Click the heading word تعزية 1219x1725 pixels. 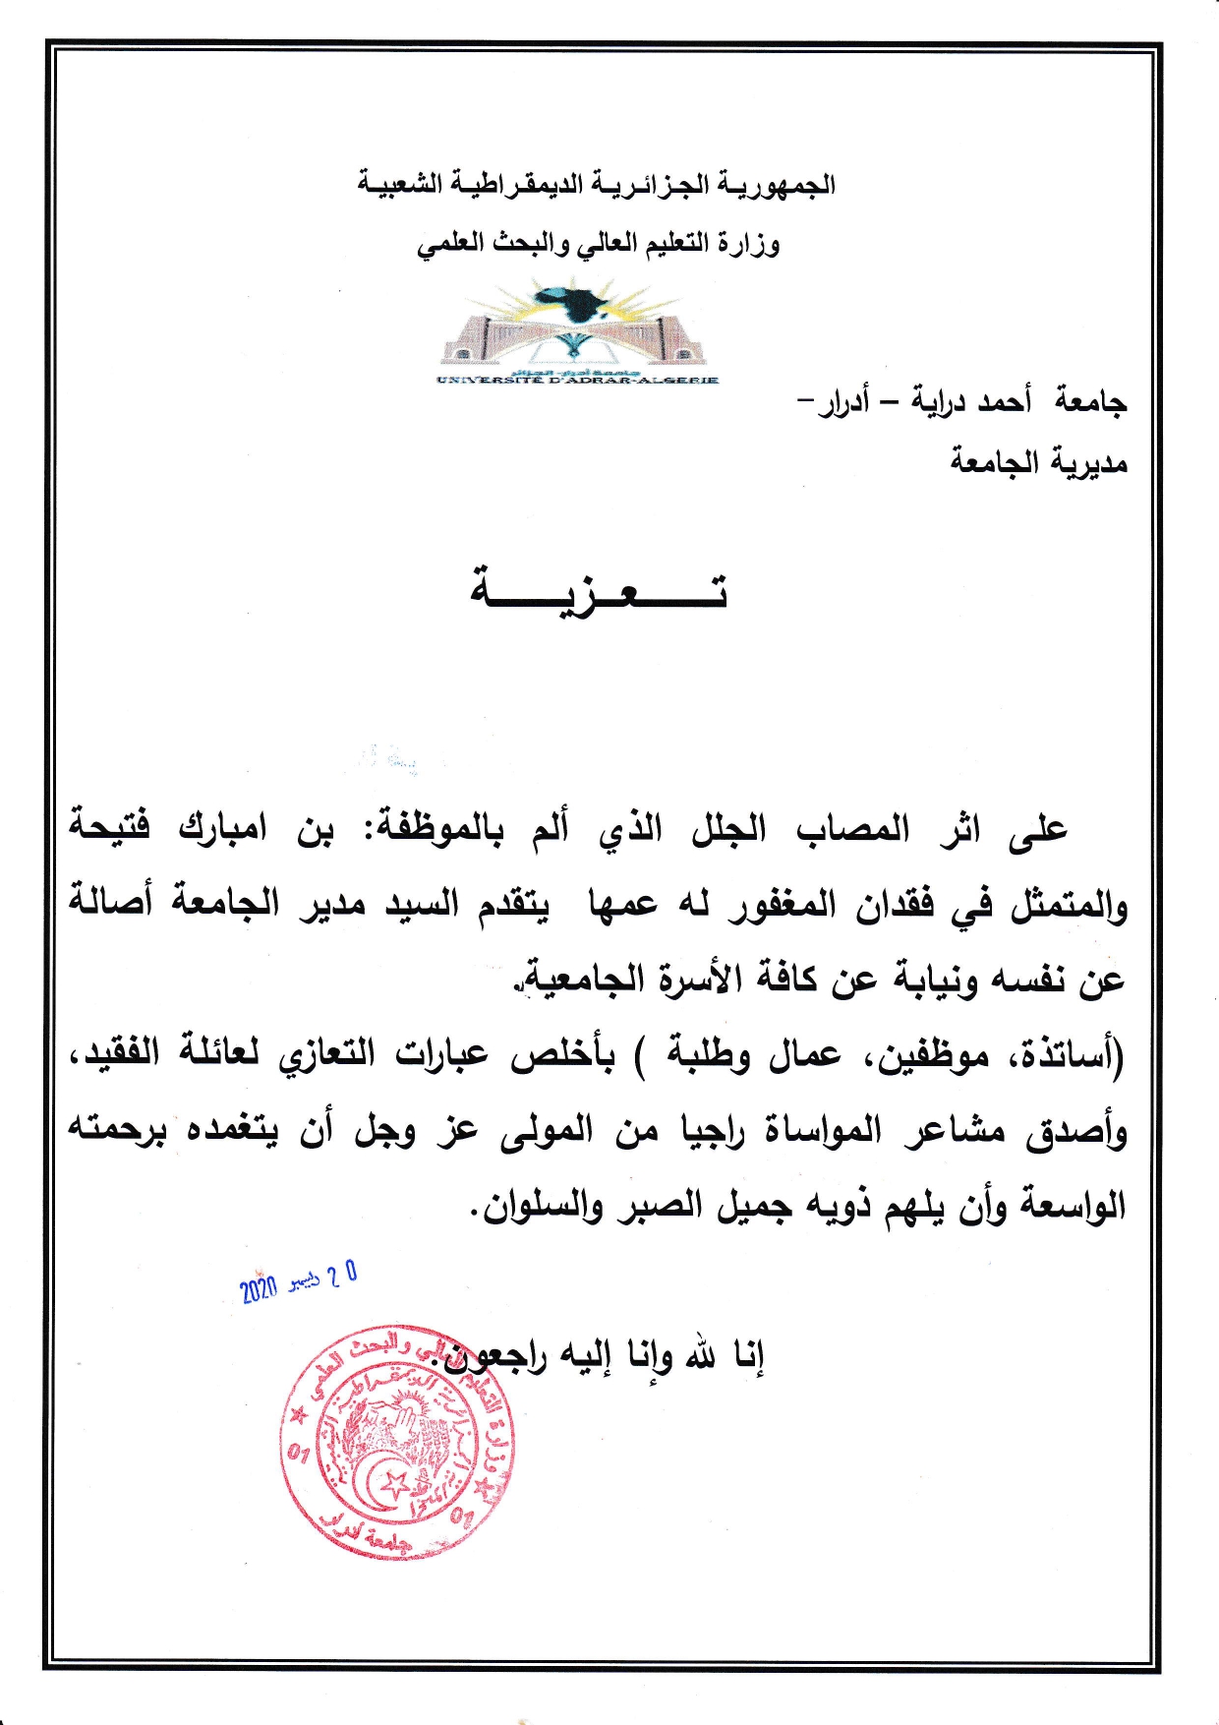coord(599,591)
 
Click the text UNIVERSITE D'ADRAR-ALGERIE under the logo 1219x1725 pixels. coord(578,379)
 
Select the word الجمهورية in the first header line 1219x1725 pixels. coord(777,185)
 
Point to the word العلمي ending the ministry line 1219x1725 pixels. coord(451,244)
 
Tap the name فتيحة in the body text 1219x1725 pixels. coord(109,826)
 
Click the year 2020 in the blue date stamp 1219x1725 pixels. coord(259,1288)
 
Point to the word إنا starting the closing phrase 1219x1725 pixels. coord(747,1357)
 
